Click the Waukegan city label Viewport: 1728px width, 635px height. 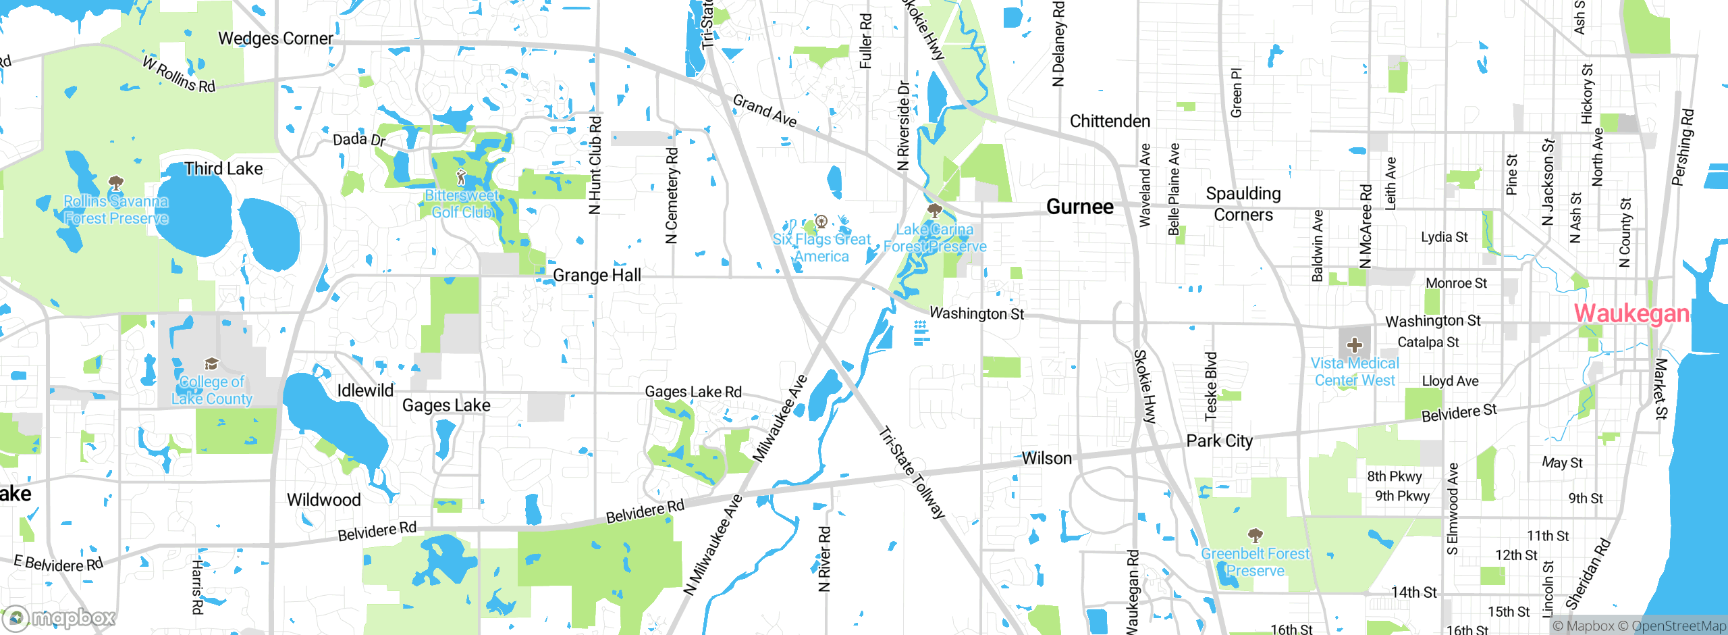(1631, 313)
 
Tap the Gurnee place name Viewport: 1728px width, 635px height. (1079, 207)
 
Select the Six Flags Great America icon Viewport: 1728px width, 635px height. (821, 221)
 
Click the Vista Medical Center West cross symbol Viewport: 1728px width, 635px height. (1354, 345)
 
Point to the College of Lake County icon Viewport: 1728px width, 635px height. (211, 364)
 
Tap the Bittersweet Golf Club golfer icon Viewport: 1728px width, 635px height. (462, 178)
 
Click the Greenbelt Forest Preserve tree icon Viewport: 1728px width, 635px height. (1255, 536)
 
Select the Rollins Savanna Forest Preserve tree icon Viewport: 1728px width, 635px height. (115, 183)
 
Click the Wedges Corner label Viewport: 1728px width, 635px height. (275, 39)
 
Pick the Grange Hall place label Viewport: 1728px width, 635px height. (597, 275)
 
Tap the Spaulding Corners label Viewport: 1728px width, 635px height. (1243, 204)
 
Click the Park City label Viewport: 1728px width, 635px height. (1219, 441)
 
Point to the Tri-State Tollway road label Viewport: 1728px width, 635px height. (912, 472)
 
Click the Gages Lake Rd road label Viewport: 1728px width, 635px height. (693, 392)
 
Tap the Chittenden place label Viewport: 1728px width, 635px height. (1110, 122)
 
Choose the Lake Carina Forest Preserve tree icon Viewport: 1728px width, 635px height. (935, 210)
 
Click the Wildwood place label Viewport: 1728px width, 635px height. (323, 500)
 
